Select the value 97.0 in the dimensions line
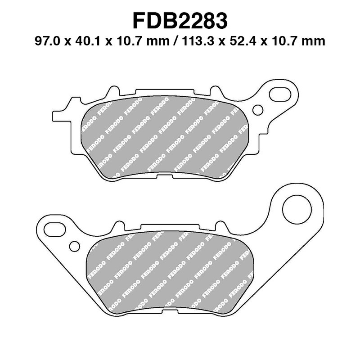[47, 41]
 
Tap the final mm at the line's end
[315, 41]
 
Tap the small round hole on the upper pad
[258, 110]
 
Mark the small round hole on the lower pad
[75, 245]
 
